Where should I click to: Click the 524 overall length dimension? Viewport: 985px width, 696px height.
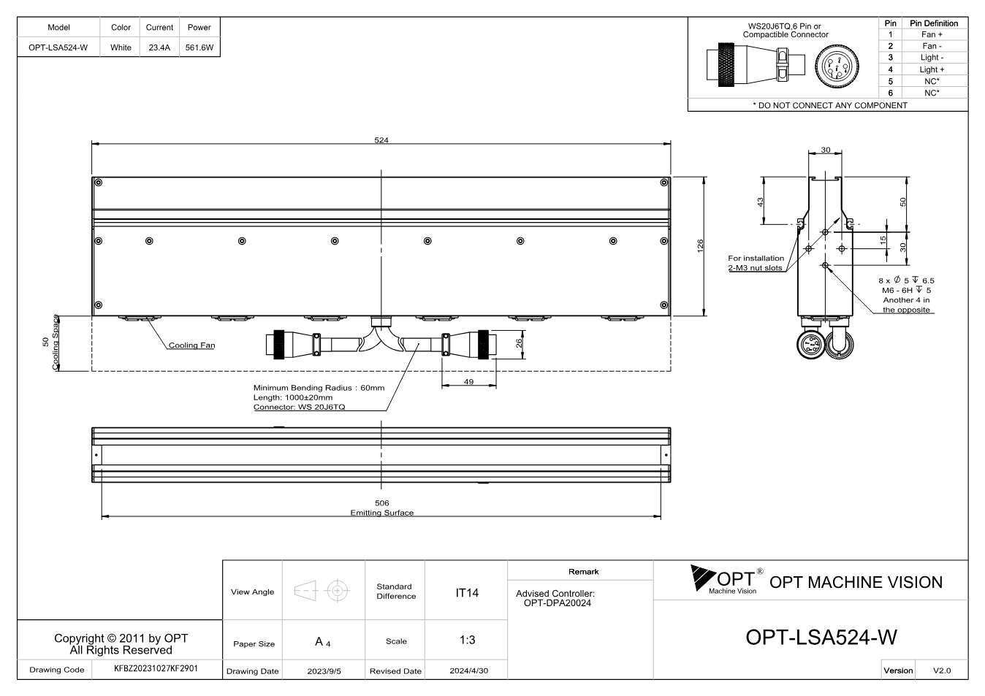click(x=381, y=140)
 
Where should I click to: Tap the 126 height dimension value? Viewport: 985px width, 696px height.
click(x=701, y=245)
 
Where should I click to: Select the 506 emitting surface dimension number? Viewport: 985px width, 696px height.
click(x=381, y=502)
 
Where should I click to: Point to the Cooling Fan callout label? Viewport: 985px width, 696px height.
click(x=191, y=345)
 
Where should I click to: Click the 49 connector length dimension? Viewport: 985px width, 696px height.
click(x=469, y=381)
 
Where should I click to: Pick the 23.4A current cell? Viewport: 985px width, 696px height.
click(x=159, y=47)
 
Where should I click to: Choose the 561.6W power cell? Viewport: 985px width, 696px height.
click(x=199, y=47)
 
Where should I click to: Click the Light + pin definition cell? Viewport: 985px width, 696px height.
click(x=932, y=69)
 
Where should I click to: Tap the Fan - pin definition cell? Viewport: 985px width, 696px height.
click(x=932, y=46)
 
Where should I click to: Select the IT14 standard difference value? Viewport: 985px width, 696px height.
click(x=466, y=593)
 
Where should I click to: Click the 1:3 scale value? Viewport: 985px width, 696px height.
click(x=467, y=640)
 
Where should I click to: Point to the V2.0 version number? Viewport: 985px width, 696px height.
click(x=942, y=670)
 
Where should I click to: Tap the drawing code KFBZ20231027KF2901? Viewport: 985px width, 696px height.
click(x=156, y=668)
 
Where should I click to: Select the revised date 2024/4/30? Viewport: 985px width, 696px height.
click(x=469, y=670)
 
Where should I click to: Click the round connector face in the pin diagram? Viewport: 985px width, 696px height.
click(x=837, y=66)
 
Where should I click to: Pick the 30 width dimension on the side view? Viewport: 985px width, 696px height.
click(x=826, y=150)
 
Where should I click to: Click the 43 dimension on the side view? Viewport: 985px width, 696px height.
click(x=760, y=202)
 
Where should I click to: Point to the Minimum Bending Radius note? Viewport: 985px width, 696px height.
click(x=319, y=388)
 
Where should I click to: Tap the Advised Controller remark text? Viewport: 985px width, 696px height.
click(x=555, y=598)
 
